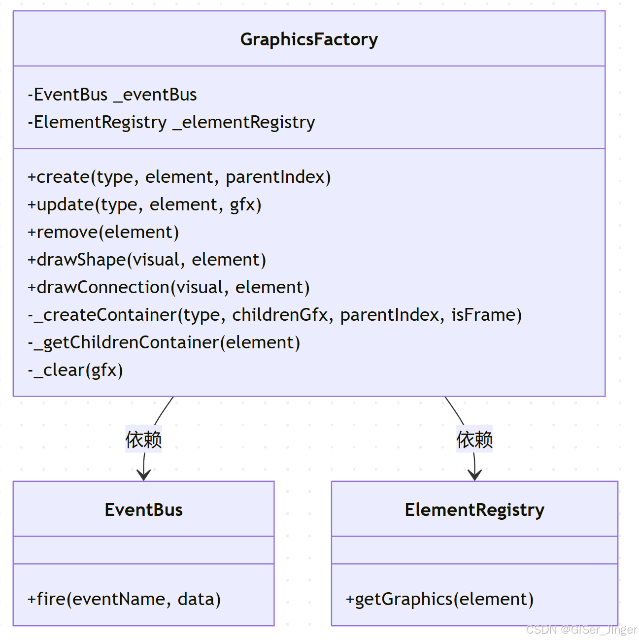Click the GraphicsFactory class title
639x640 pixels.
[309, 39]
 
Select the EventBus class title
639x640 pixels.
[143, 509]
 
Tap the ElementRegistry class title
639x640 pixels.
[474, 509]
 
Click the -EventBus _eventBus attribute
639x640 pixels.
[112, 95]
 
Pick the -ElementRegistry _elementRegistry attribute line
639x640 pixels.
[171, 122]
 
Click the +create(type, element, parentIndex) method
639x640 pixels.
[179, 177]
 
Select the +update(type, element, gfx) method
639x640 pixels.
[144, 204]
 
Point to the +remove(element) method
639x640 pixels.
[103, 232]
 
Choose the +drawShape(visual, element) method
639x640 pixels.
[147, 260]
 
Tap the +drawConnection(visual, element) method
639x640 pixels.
[168, 287]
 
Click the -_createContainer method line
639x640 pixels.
[275, 315]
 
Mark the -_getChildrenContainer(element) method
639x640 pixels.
[164, 342]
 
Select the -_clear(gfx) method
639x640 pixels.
[75, 370]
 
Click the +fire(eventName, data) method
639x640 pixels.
[124, 599]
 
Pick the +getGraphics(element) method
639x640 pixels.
[439, 599]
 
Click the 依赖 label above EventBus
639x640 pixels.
[143, 439]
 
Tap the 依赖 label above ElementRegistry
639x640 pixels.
[474, 439]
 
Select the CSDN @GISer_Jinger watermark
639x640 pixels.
[581, 630]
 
